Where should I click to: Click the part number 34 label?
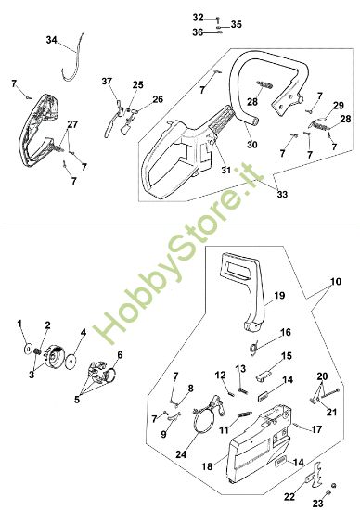51,40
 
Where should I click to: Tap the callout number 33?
283,194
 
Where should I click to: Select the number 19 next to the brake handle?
279,295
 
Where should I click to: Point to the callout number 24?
181,454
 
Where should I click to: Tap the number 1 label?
19,324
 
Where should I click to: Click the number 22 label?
289,496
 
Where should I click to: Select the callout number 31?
225,170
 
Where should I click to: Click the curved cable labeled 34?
73,57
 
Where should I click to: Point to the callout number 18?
207,466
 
